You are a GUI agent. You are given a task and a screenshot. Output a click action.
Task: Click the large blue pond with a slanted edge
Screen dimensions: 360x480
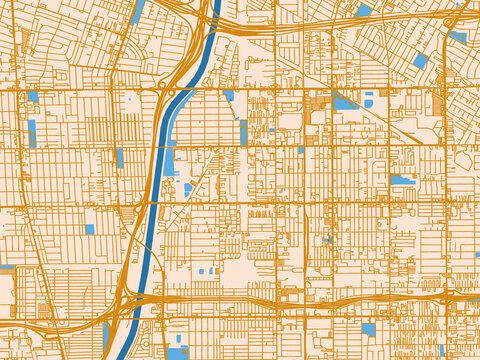tap(344, 102)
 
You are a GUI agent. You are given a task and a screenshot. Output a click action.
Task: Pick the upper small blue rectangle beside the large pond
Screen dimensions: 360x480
tap(369, 94)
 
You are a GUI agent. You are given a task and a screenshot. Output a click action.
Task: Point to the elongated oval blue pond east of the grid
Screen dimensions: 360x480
tap(402, 180)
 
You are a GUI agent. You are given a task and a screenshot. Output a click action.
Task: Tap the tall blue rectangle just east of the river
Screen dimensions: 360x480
tap(243, 132)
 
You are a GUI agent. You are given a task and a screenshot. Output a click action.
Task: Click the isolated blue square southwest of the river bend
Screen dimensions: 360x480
tap(90, 229)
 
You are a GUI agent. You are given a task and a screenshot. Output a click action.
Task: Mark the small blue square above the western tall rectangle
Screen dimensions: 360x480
tap(33, 97)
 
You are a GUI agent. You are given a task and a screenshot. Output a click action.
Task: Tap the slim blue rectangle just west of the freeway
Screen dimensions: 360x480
tap(119, 157)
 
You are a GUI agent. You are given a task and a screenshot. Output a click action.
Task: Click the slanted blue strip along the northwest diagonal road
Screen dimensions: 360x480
tap(135, 14)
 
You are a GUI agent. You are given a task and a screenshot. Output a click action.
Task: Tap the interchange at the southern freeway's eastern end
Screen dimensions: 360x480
tap(440, 297)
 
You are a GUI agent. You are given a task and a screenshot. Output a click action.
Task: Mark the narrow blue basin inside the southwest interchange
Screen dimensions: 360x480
tap(105, 335)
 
